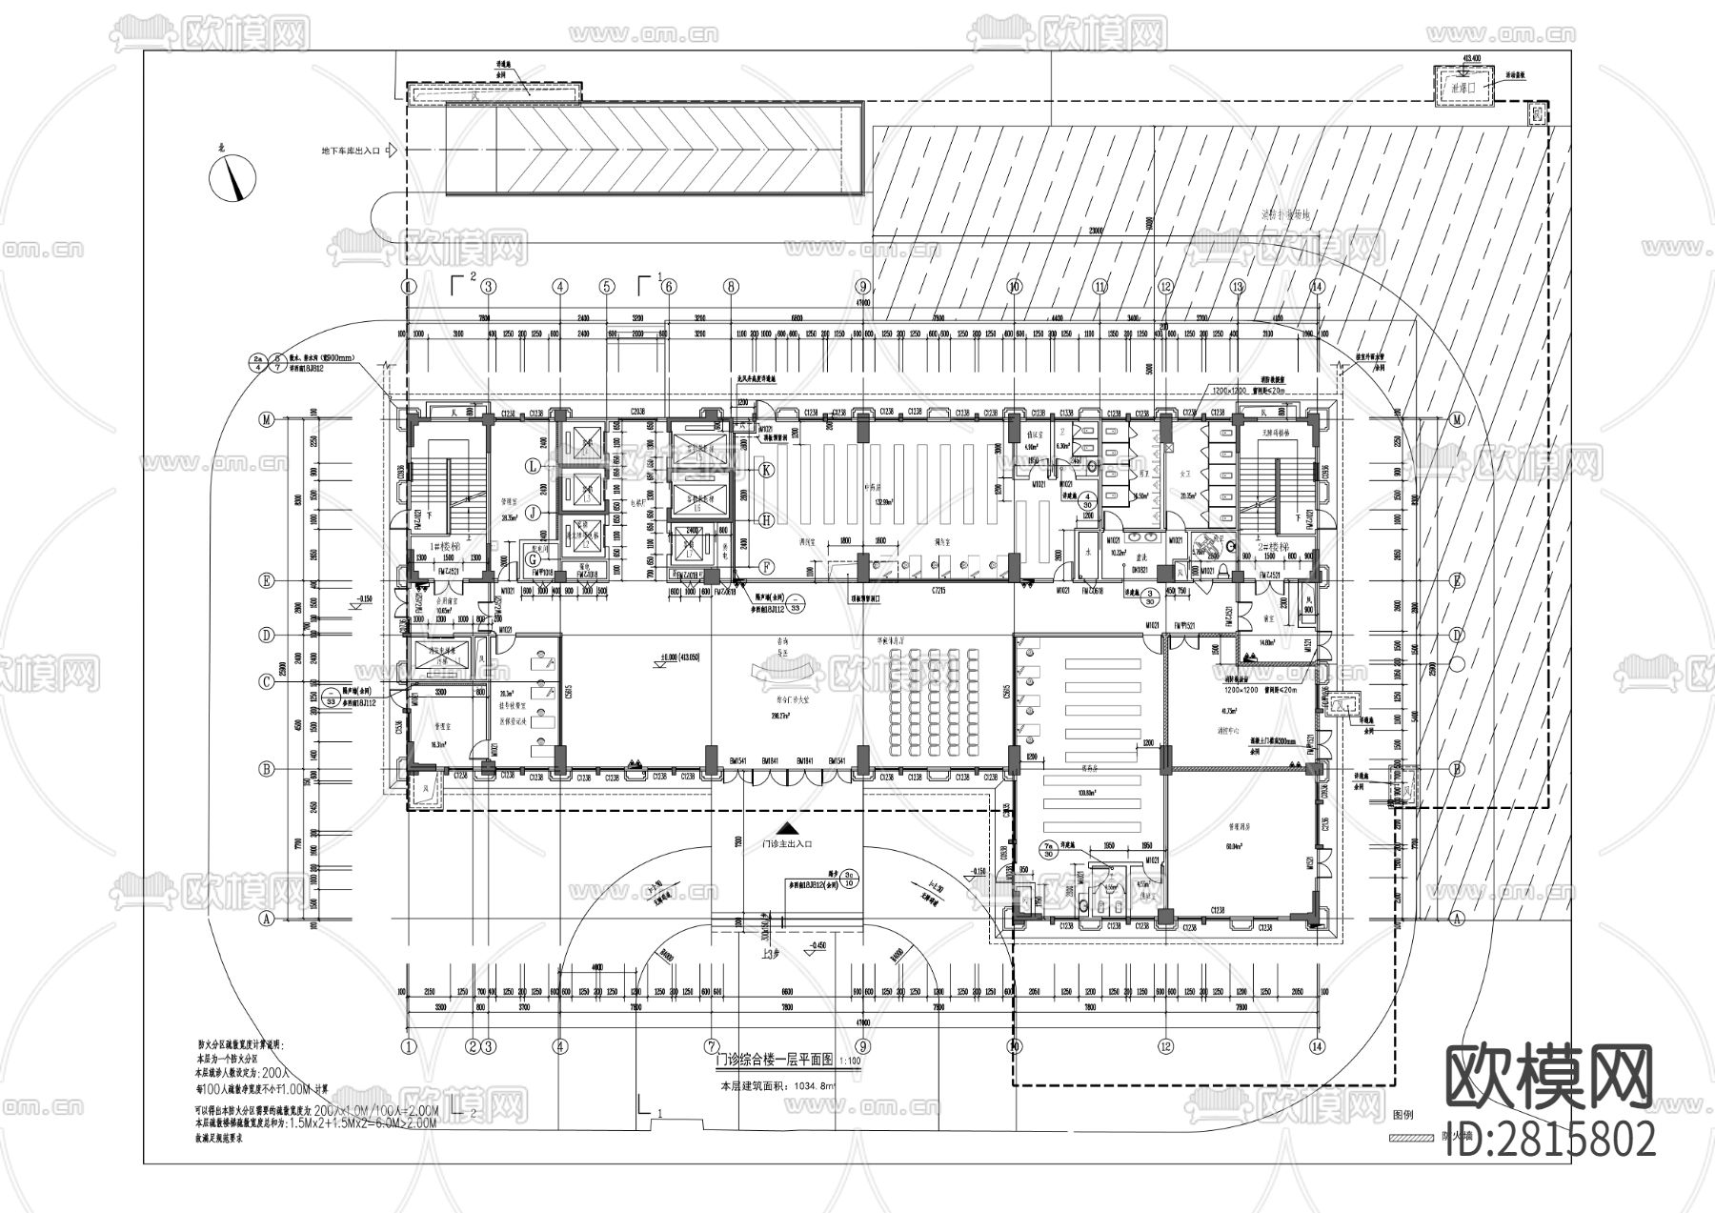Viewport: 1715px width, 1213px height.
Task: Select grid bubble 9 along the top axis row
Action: [x=863, y=286]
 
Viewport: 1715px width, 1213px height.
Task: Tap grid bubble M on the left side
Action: [x=268, y=419]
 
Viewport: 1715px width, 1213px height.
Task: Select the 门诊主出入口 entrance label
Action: [x=786, y=844]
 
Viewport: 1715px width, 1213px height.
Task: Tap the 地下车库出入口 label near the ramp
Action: [x=351, y=151]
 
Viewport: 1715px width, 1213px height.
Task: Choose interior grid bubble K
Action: [x=764, y=470]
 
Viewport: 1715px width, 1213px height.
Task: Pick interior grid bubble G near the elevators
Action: [x=532, y=561]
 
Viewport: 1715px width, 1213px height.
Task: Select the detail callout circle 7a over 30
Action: [x=1049, y=849]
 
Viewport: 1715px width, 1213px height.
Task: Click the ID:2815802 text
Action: [x=1550, y=1139]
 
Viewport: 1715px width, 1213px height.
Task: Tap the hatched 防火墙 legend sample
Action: [x=1411, y=1137]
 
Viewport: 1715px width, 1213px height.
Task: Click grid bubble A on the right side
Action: [x=1456, y=919]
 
